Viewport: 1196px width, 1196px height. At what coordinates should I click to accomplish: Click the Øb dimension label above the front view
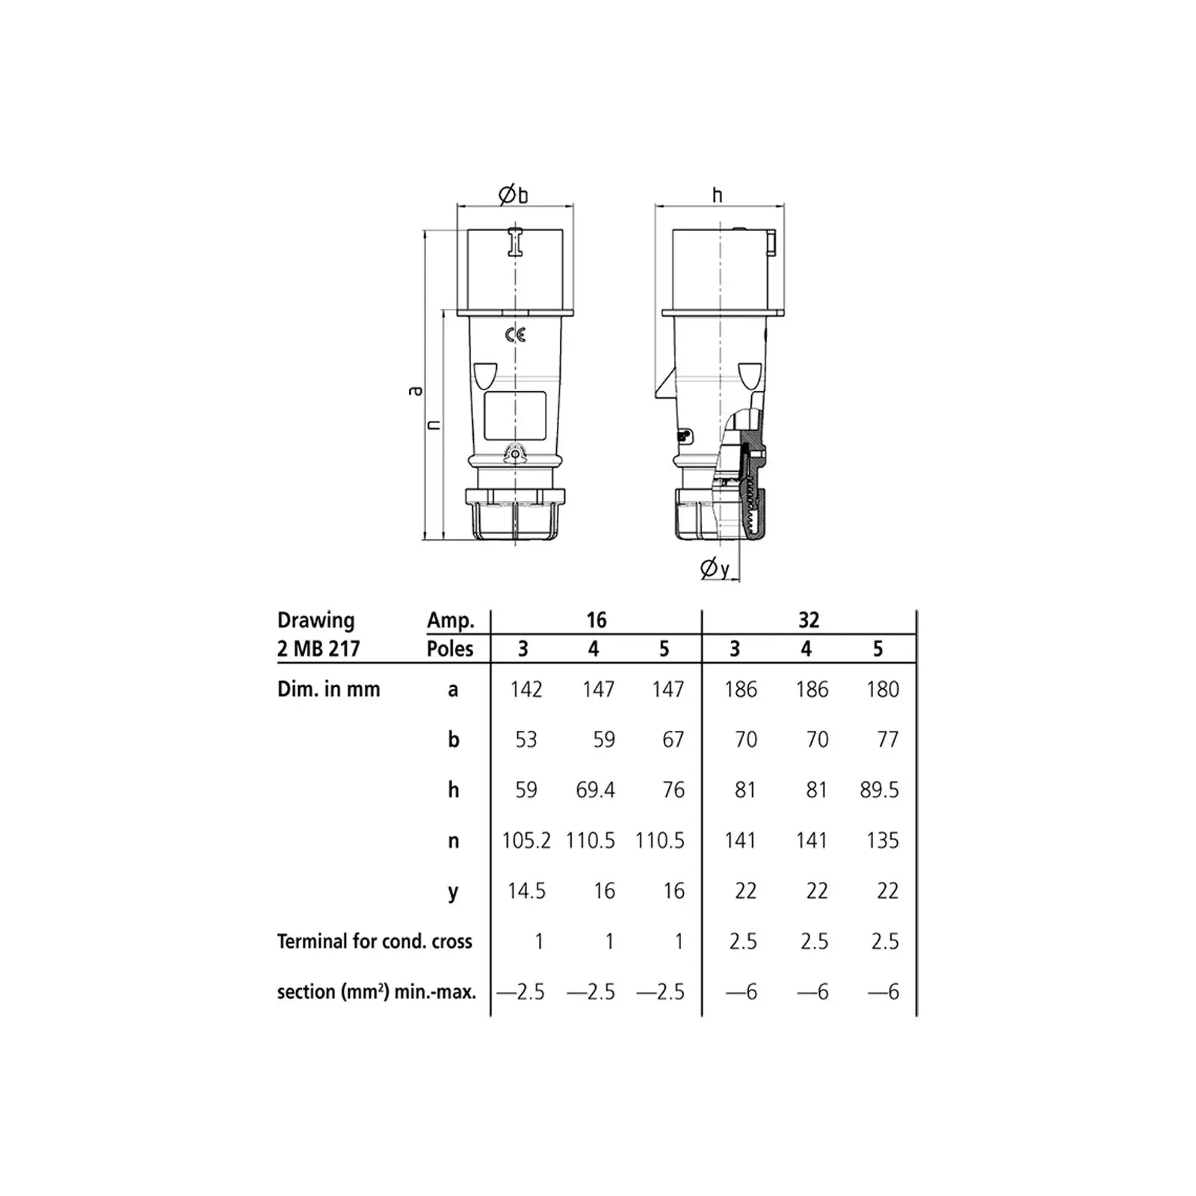[514, 195]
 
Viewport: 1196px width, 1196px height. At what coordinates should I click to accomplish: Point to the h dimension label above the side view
[718, 195]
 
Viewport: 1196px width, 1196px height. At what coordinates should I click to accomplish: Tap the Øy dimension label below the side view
[715, 568]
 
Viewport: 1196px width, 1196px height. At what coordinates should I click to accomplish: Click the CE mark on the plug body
[515, 335]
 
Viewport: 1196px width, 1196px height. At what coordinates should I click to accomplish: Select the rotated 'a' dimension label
[415, 390]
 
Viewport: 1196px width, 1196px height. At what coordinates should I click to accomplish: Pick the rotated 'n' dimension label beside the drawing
[434, 425]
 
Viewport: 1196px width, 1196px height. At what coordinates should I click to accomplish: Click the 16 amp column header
[596, 620]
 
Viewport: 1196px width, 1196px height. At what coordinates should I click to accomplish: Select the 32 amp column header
[809, 620]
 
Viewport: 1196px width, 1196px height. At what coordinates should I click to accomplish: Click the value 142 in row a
[526, 689]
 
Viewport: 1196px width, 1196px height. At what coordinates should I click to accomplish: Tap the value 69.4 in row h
[596, 790]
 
